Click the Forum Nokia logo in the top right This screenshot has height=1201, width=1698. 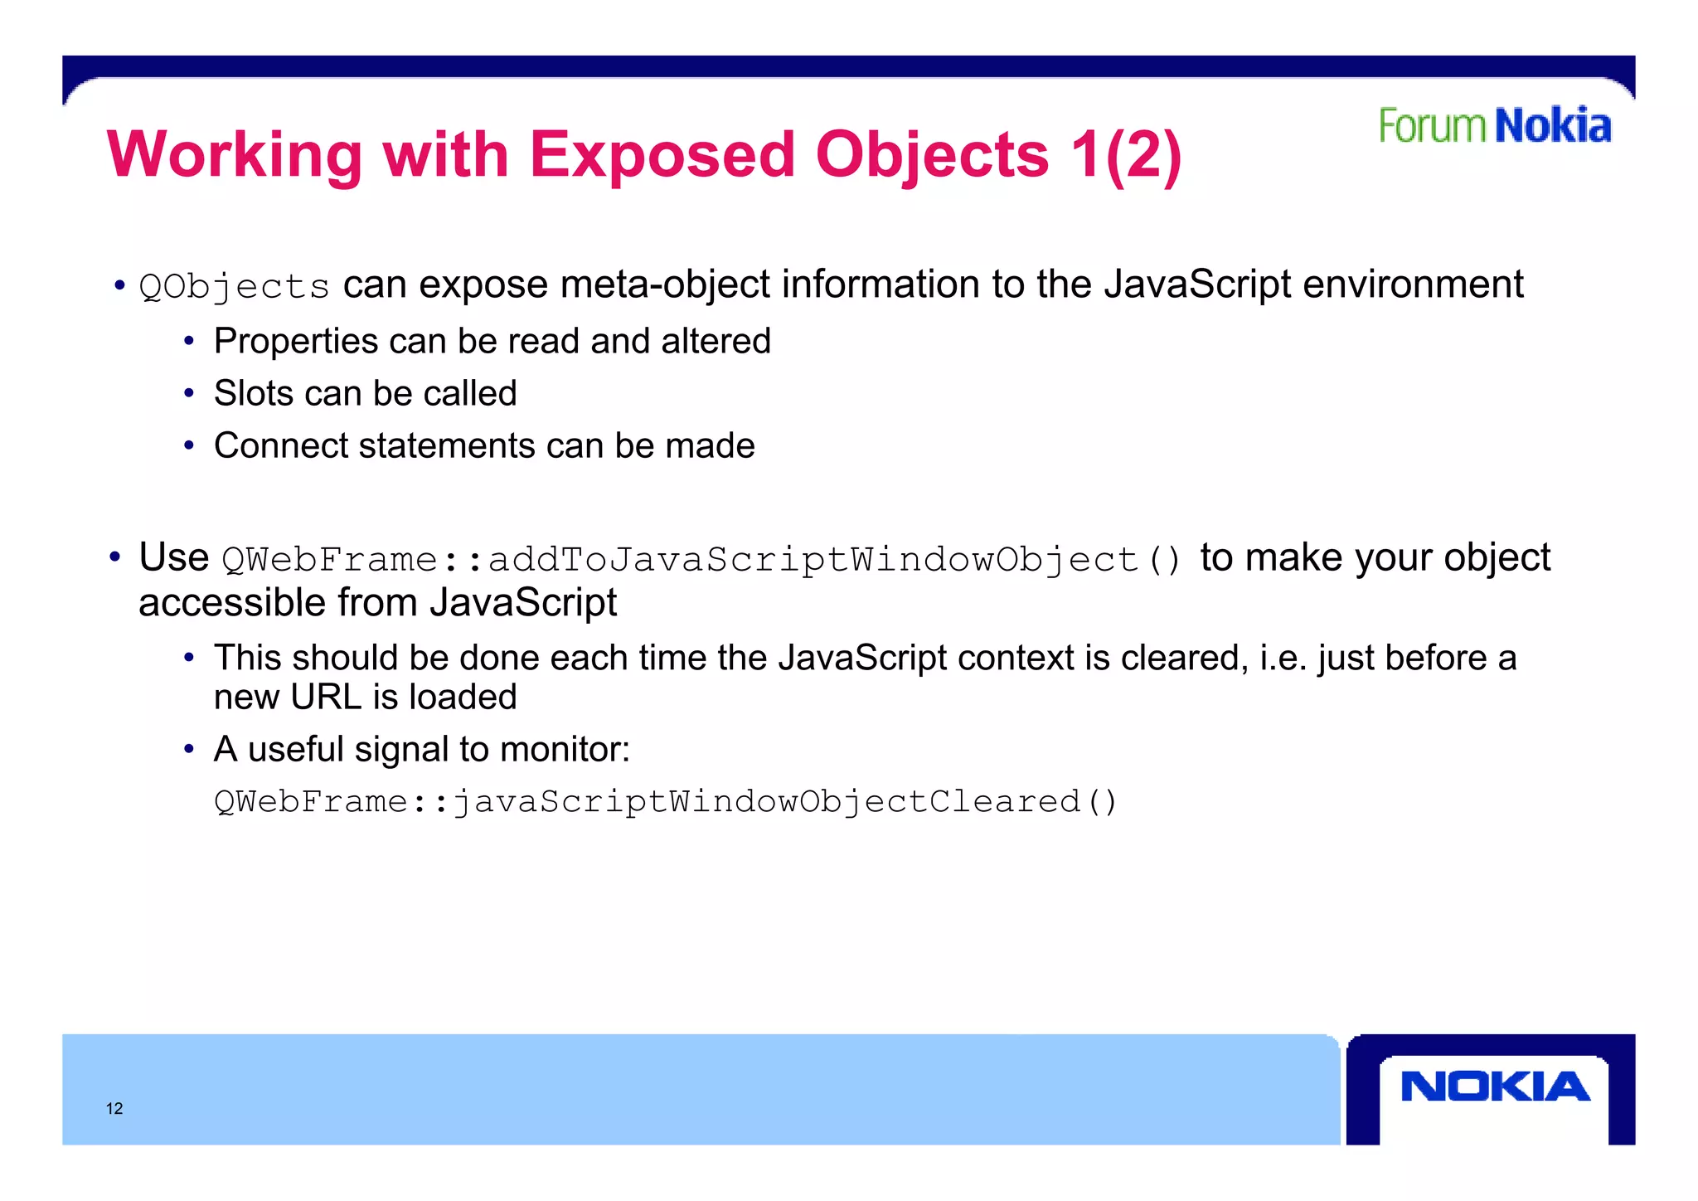tap(1494, 126)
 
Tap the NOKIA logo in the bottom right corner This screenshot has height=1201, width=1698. tap(1495, 1087)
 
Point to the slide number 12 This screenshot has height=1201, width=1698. tap(114, 1109)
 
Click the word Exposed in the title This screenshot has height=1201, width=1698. tap(662, 155)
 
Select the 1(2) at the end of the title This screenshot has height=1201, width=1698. tap(1125, 155)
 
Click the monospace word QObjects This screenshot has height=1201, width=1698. tap(235, 287)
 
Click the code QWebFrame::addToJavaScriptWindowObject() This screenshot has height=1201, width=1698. tap(701, 560)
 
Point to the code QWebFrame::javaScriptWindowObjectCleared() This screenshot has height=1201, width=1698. tap(666, 802)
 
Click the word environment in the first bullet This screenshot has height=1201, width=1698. tap(1413, 284)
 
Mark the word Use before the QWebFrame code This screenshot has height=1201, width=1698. tap(173, 557)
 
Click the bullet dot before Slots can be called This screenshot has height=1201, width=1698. tap(189, 393)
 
